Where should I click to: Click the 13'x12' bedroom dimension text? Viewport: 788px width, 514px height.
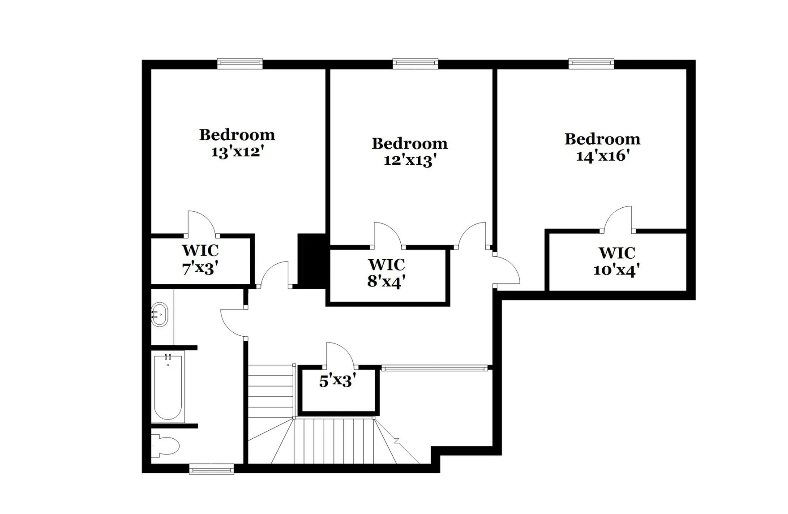click(236, 152)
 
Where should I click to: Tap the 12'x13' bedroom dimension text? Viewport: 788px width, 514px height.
click(410, 160)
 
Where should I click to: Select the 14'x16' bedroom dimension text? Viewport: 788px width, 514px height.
click(603, 156)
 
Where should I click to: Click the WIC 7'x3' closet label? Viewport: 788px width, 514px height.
click(200, 260)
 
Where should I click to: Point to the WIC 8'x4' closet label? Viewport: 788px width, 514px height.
click(386, 273)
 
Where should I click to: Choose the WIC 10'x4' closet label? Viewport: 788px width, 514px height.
click(617, 262)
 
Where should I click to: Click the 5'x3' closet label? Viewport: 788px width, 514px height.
click(337, 381)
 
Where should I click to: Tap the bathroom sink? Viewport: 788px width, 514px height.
click(159, 315)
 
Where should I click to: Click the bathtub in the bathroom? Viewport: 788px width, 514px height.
click(168, 387)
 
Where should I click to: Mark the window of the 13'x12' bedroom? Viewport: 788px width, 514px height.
click(240, 64)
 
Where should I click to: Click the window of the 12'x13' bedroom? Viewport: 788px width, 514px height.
click(415, 64)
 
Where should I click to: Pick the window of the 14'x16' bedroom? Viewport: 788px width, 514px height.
click(591, 64)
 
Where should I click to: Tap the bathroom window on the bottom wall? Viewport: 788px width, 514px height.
click(211, 469)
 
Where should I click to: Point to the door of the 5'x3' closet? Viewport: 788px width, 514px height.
click(339, 354)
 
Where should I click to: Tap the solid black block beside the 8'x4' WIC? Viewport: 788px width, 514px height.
click(313, 261)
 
